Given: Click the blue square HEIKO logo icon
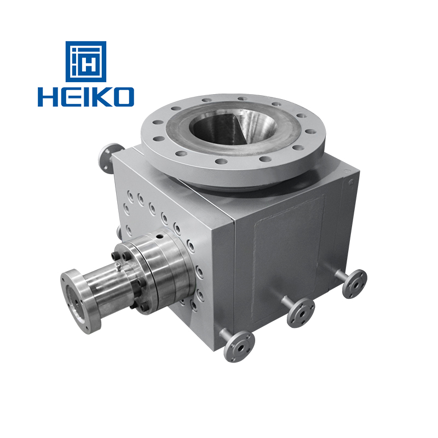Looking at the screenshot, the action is [x=86, y=61].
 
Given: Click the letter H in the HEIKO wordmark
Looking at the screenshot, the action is [x=48, y=97].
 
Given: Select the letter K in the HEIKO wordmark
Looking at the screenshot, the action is [x=100, y=97].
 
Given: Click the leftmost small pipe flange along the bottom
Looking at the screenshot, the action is [x=239, y=344].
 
